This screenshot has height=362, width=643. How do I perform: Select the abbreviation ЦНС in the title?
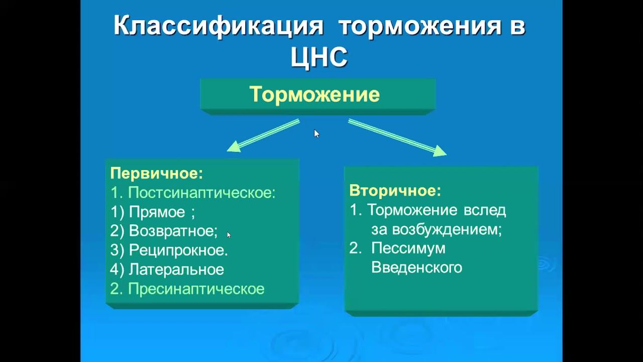[319, 57]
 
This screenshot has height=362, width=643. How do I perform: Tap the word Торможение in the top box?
[314, 94]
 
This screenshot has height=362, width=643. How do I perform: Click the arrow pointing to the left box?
[263, 135]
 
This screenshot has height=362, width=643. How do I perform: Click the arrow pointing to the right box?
[397, 137]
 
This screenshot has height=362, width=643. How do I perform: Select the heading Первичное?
[156, 173]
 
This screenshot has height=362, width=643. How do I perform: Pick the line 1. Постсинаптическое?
[193, 193]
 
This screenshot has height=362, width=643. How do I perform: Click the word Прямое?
[157, 212]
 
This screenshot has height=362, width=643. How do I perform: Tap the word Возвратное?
[172, 231]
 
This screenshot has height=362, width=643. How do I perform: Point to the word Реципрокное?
[178, 250]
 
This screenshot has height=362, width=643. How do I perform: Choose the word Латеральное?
[176, 269]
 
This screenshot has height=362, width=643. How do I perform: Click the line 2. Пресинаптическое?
[187, 289]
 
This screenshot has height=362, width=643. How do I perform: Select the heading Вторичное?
[395, 191]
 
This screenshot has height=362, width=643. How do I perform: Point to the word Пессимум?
[408, 248]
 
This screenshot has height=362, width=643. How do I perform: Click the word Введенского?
[416, 267]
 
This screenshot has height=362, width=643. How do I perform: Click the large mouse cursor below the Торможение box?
[316, 133]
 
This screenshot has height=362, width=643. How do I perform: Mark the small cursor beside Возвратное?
[229, 234]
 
